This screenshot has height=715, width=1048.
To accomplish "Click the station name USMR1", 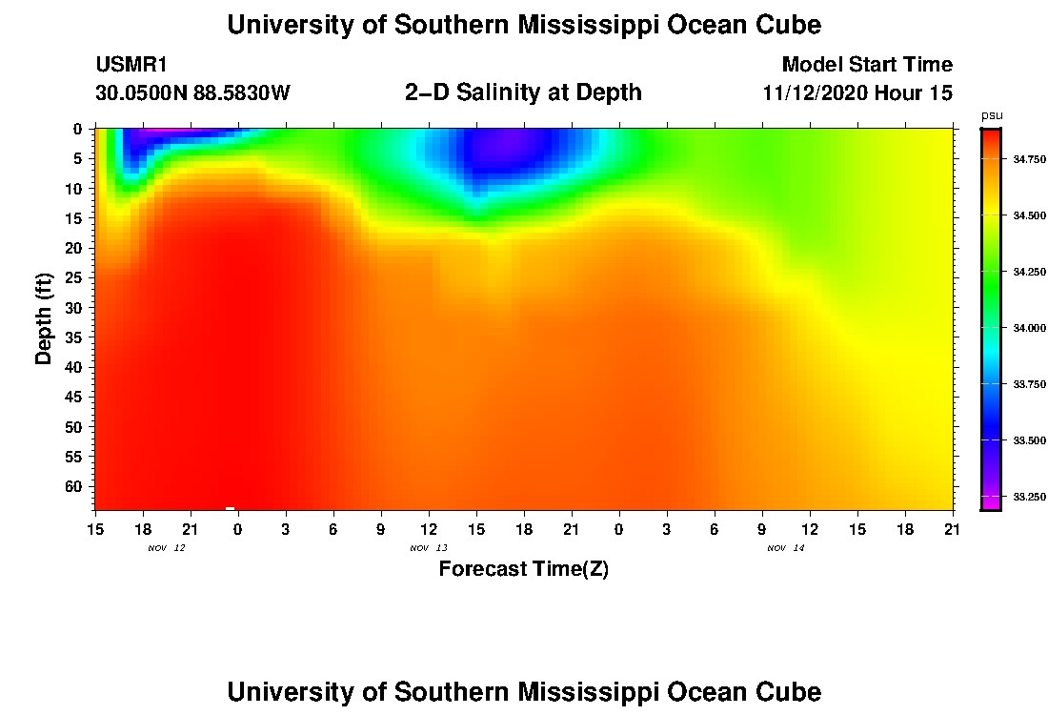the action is pos(131,65).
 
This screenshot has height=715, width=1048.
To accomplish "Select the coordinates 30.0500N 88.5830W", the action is pos(192,92).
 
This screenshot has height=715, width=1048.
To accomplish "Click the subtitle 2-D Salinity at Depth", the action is pos(523,92).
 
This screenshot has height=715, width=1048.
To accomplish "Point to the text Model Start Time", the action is pos(867,65).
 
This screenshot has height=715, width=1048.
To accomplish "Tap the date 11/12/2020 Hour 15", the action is pos(857,92).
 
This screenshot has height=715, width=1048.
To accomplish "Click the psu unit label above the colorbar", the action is pos(992,115).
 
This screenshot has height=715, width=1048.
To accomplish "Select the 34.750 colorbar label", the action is pos(1029,159).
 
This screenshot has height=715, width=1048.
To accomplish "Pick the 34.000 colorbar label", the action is pos(1029,328).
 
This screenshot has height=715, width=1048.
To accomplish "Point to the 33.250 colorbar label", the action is pos(1029,497).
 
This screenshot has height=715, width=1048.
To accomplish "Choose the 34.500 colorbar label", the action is pos(1029,215).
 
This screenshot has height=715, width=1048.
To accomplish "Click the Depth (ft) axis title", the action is pos(44,318).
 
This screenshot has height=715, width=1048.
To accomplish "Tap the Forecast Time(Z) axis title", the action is pos(523,568).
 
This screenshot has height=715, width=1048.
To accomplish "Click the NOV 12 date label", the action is pos(167,548).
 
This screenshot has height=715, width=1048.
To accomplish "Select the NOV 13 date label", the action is pos(429,548).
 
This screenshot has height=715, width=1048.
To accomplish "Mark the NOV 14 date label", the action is pos(786,548).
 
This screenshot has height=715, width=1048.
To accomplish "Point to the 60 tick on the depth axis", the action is pos(72,486).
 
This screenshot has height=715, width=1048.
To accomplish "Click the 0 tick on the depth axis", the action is pos(77,129).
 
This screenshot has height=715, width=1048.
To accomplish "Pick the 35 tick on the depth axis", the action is pos(72,337).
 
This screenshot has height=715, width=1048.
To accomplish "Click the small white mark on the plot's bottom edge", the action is pos(230,508).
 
